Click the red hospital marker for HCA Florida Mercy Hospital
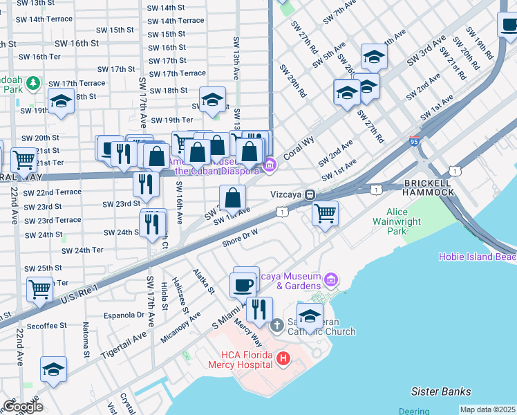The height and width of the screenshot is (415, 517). tap(283, 359)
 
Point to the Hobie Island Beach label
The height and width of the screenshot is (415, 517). tap(477, 257)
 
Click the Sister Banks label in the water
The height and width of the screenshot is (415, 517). tap(440, 391)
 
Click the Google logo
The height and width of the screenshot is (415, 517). tap(23, 406)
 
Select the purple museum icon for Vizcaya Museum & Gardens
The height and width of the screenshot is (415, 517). tap(332, 279)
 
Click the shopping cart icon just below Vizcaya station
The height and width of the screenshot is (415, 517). tap(324, 212)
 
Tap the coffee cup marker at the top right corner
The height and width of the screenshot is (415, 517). tap(509, 26)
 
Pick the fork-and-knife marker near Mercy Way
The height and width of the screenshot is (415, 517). tap(259, 309)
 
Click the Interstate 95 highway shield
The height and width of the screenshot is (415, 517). tap(414, 140)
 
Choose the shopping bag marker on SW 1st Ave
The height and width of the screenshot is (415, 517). tap(234, 198)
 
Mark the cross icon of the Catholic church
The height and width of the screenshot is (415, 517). tap(276, 324)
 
